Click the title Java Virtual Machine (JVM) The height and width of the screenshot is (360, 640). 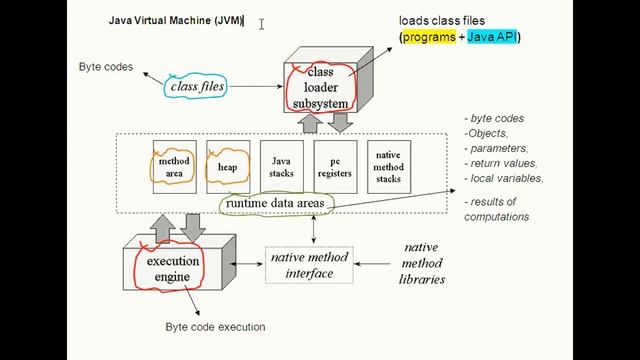tap(176, 20)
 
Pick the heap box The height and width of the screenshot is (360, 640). tap(227, 167)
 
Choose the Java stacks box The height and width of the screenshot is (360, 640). tap(281, 167)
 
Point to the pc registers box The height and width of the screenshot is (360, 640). tap(335, 167)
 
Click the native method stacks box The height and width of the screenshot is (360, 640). tap(388, 167)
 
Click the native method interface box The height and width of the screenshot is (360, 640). tap(309, 265)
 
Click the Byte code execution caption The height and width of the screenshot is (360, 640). tap(215, 327)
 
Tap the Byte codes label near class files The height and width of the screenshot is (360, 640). tap(105, 67)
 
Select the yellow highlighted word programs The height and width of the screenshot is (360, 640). tap(429, 37)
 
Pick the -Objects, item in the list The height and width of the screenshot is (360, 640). tap(487, 133)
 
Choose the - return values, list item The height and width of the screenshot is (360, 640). tap(501, 163)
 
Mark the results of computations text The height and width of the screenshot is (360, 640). tap(497, 209)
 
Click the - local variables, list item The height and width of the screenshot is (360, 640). tap(504, 178)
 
